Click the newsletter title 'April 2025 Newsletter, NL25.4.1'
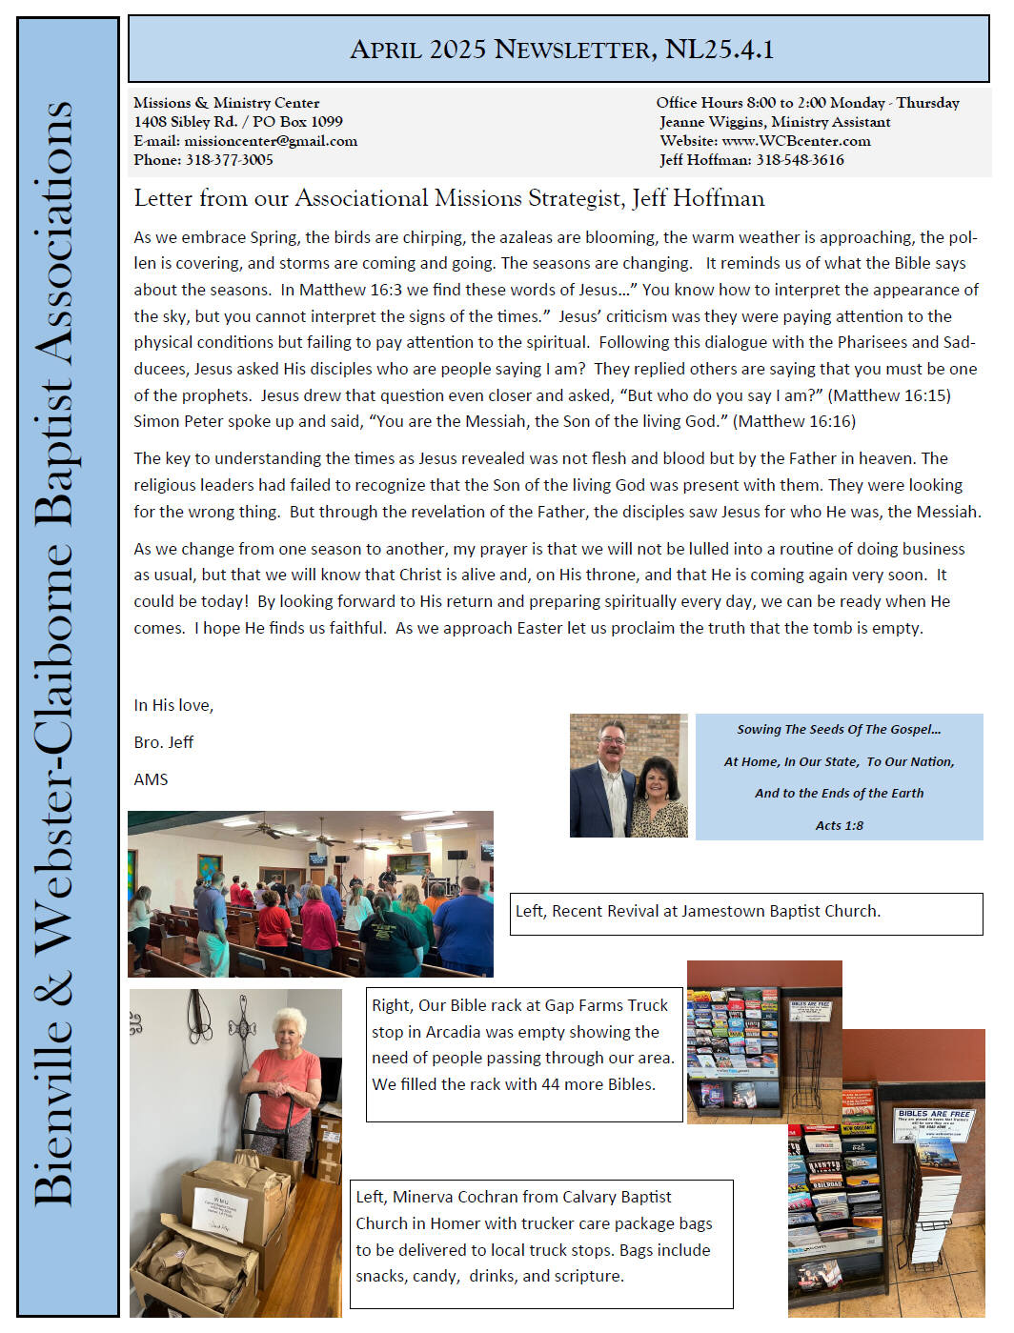[x=561, y=50]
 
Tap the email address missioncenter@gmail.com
[x=271, y=141]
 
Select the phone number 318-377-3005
[x=229, y=160]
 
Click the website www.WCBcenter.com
[x=796, y=141]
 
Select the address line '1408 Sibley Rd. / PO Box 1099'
[x=238, y=122]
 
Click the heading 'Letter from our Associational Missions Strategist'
[x=449, y=198]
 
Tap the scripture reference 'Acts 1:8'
[x=839, y=825]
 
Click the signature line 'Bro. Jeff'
[x=164, y=742]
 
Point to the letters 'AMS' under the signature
[x=151, y=779]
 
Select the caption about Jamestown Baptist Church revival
[x=698, y=911]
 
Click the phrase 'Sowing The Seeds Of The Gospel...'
[x=839, y=730]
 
